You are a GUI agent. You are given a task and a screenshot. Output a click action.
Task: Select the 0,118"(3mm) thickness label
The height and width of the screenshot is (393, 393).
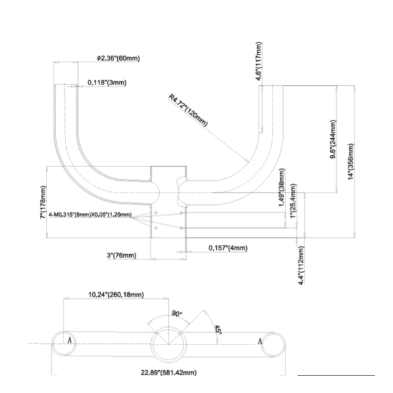click(107, 83)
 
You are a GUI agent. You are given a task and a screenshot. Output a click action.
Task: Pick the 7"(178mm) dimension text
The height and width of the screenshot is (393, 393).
click(43, 203)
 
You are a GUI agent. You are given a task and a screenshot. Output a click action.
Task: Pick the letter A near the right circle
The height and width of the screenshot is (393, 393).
click(259, 341)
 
